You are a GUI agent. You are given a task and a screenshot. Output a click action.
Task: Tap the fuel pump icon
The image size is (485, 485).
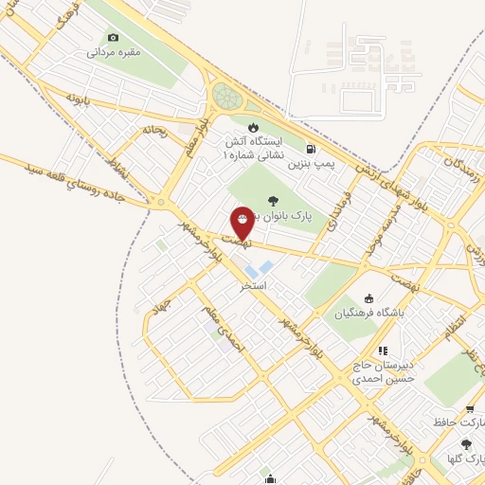(312, 148)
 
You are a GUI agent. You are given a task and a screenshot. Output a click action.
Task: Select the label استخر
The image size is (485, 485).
(253, 284)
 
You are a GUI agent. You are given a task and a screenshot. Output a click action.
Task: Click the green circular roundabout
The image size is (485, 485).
(226, 96)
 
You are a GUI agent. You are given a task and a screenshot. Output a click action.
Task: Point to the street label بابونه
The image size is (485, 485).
(78, 99)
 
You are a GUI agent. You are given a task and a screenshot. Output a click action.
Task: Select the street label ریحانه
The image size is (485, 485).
(154, 130)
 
